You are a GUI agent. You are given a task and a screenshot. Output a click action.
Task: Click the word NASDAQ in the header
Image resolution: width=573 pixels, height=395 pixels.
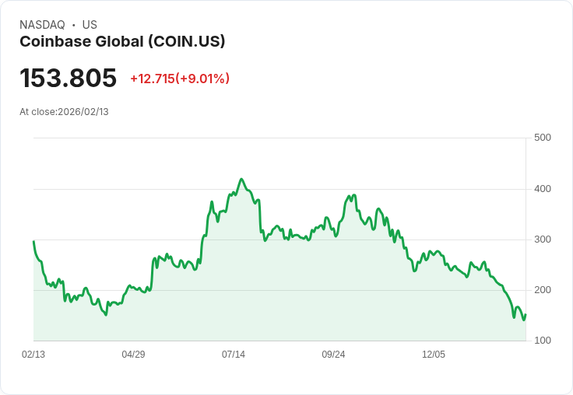coord(42,25)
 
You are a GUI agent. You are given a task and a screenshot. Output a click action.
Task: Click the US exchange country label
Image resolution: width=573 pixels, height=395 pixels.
coord(90,25)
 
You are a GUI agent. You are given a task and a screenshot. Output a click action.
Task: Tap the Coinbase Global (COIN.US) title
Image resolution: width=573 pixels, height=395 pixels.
coord(122,42)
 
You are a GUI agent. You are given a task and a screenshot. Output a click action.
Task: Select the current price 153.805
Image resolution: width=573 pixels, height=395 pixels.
coord(68,79)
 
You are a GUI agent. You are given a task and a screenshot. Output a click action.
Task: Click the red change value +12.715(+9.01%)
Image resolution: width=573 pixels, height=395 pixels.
coord(180,79)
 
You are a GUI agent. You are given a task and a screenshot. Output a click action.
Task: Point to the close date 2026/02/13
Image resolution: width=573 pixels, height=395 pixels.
coord(83,112)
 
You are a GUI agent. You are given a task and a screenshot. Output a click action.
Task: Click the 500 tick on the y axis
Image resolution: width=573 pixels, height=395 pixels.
coord(543,138)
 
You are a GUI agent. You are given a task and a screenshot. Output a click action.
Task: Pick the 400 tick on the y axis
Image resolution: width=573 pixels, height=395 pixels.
coord(543,189)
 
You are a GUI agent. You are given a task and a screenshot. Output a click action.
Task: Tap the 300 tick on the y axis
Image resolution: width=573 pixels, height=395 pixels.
coord(543,239)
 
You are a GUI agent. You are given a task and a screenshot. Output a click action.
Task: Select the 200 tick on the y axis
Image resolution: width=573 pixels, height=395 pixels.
coord(543,290)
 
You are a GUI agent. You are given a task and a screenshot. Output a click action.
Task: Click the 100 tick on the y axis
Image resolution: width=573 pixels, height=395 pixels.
coord(543,341)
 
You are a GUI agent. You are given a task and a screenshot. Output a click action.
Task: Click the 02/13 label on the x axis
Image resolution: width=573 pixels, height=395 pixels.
coord(33,355)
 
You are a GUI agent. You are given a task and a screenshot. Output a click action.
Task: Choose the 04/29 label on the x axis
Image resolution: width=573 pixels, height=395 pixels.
coord(133,355)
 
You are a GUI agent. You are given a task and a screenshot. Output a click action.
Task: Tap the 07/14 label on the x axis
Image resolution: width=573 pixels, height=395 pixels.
coord(234,355)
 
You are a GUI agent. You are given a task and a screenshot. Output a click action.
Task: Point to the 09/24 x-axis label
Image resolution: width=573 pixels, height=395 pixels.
coord(333,355)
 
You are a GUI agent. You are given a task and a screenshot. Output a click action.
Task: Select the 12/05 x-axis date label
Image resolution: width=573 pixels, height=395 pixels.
coord(434,355)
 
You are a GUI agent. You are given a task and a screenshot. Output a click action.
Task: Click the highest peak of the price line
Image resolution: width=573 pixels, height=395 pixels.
coord(241,179)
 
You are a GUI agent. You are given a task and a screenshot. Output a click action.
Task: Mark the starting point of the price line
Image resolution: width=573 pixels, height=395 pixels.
coord(33,241)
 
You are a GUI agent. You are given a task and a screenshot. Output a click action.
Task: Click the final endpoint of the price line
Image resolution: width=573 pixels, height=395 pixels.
coord(526,315)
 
